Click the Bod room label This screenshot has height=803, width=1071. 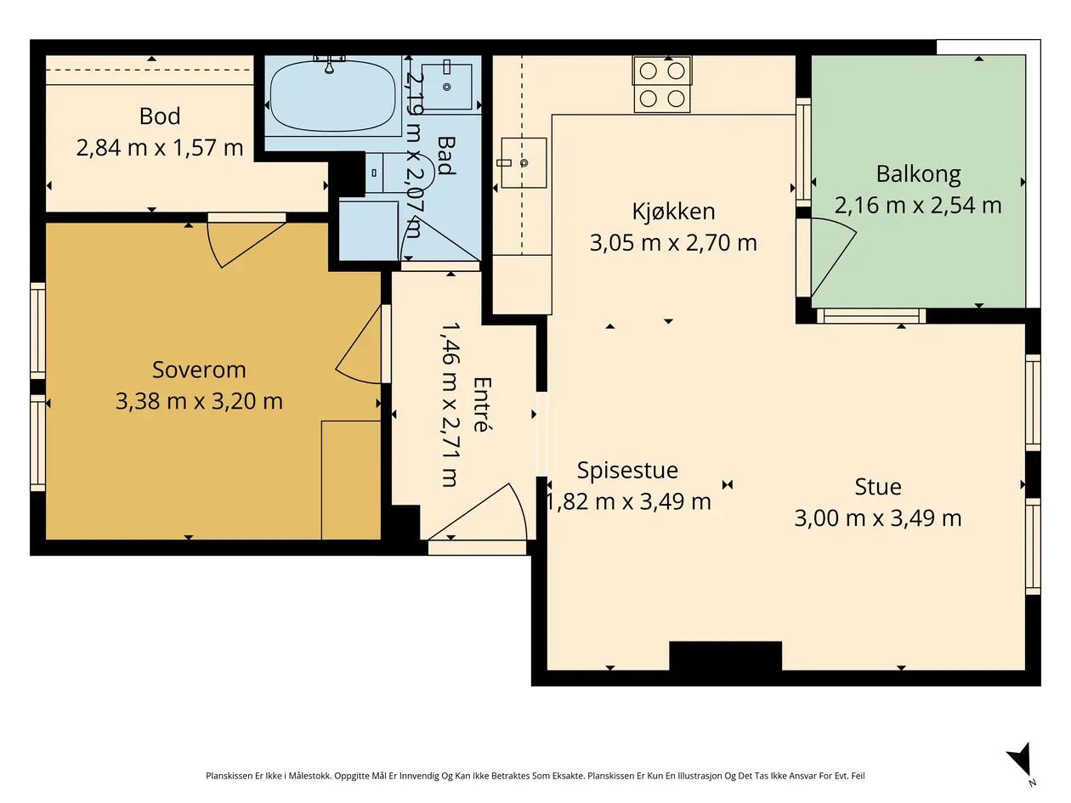[x=160, y=116]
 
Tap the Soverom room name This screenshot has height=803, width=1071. [x=199, y=370]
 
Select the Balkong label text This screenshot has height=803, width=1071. [x=918, y=174]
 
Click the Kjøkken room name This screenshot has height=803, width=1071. [x=673, y=212]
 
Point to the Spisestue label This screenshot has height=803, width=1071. [x=627, y=471]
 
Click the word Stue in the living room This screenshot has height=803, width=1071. [x=878, y=487]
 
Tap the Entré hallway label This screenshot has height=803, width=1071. [x=481, y=404]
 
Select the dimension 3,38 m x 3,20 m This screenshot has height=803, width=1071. [x=199, y=401]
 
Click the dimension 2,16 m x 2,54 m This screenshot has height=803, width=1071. [x=918, y=206]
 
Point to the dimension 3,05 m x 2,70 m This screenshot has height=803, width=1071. [x=673, y=243]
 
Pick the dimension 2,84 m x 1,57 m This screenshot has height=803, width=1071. [x=160, y=148]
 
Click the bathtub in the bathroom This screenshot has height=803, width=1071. [x=332, y=96]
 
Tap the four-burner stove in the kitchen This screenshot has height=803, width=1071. [x=662, y=85]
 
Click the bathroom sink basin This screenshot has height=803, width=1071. [x=446, y=86]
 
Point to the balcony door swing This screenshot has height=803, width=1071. [x=832, y=257]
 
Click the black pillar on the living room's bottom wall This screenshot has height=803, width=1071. [x=725, y=656]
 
